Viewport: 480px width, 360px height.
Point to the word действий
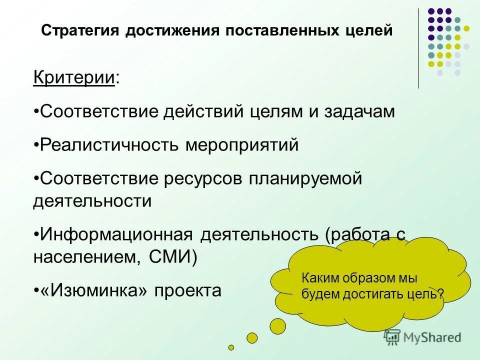coord(203,111)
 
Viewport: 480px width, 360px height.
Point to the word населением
coord(87,257)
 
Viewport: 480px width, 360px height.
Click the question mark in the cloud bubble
coord(440,294)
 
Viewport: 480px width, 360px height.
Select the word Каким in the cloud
coord(318,278)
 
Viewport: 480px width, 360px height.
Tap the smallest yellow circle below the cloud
coord(231,347)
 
